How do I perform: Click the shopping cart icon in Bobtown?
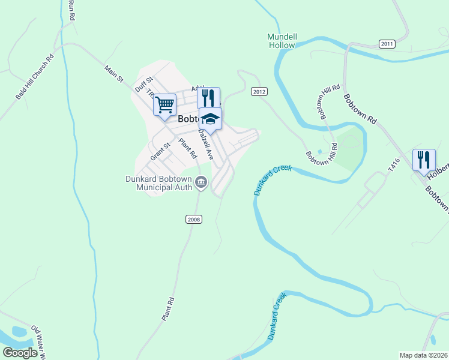(x=164, y=105)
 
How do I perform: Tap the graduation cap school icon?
(x=210, y=119)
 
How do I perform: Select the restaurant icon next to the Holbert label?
(x=424, y=160)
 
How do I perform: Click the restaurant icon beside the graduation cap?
(x=208, y=98)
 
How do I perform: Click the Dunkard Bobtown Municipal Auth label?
(x=158, y=183)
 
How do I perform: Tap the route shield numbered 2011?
(x=387, y=44)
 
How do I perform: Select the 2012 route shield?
(x=259, y=92)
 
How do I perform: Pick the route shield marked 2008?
(x=193, y=219)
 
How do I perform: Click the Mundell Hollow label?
(x=282, y=41)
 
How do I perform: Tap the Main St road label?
(x=113, y=74)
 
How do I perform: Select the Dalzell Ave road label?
(x=206, y=145)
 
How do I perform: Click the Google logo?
(x=20, y=353)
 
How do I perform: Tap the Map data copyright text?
(x=423, y=355)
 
